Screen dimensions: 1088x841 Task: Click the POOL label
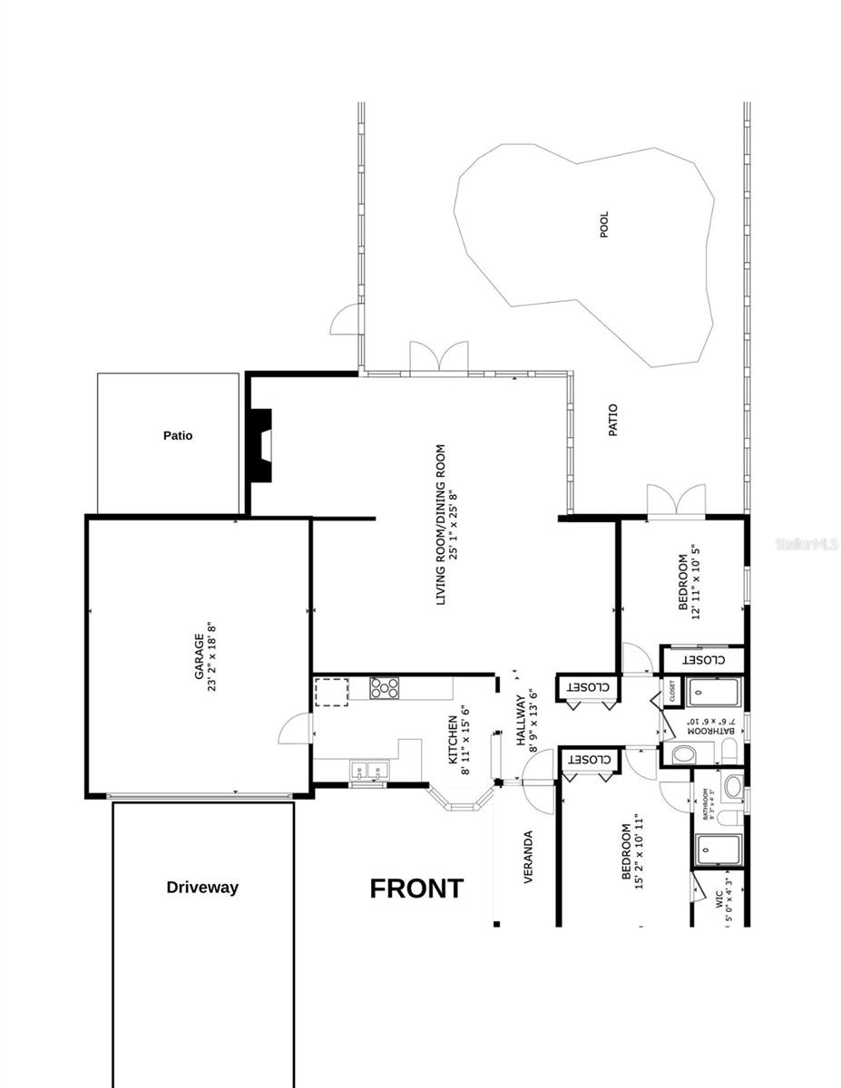(604, 224)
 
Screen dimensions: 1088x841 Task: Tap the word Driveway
(202, 888)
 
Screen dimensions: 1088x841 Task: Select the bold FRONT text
(416, 889)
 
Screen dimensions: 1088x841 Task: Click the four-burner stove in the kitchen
(385, 688)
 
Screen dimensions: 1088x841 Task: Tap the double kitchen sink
(368, 771)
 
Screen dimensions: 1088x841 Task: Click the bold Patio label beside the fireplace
(178, 435)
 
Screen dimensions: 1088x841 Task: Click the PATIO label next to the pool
(612, 421)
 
